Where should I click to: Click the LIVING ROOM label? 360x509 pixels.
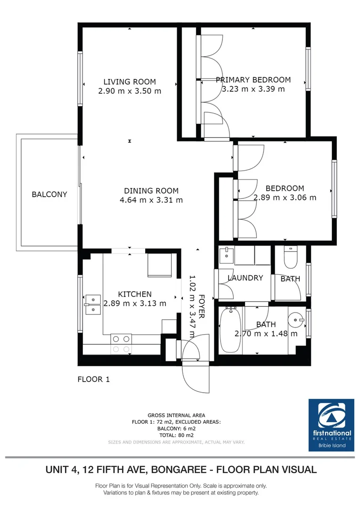[x=130, y=82]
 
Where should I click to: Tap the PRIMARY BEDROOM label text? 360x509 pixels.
[x=253, y=80]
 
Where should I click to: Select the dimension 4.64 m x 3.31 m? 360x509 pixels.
[x=151, y=200]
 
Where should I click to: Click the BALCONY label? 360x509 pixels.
[x=49, y=194]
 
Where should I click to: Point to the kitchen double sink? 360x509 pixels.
[x=93, y=304]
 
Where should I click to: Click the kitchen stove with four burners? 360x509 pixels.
[x=121, y=343]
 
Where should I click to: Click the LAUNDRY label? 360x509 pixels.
[x=245, y=278]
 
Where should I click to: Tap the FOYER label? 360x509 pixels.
[x=201, y=306]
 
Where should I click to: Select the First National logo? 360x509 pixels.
[x=331, y=424]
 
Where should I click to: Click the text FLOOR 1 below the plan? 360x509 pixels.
[x=94, y=379]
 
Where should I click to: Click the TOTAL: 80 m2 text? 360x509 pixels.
[x=176, y=436]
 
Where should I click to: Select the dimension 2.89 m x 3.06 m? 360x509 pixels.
[x=285, y=197]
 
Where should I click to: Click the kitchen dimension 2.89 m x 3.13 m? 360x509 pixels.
[x=135, y=304]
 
